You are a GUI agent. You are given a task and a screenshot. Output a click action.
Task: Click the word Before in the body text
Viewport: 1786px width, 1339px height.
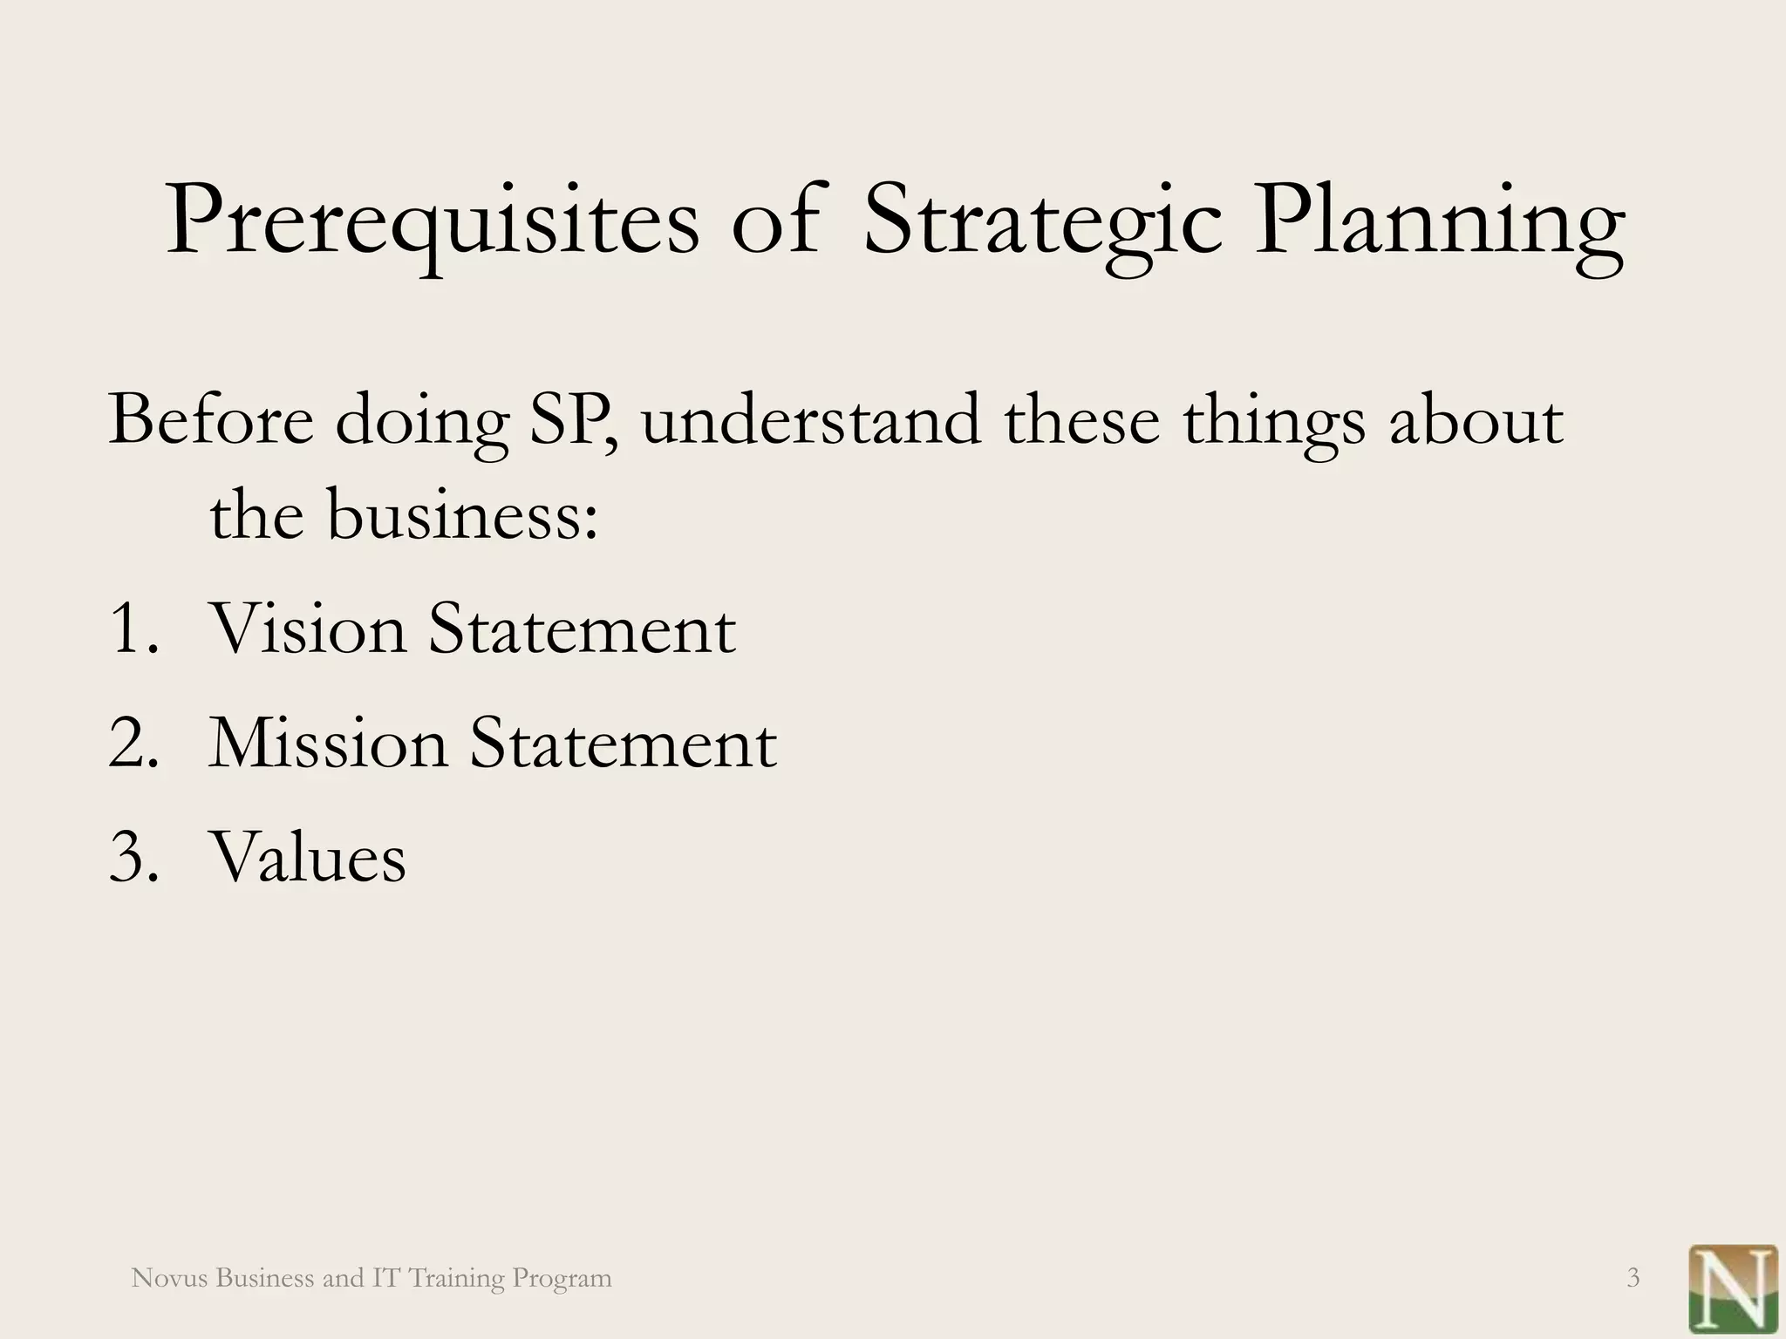(210, 420)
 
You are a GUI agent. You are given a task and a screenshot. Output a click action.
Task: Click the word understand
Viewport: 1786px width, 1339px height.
(810, 420)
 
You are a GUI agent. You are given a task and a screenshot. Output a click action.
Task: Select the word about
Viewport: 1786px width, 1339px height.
(1476, 420)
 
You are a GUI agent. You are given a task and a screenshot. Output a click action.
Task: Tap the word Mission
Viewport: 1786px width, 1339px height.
(327, 743)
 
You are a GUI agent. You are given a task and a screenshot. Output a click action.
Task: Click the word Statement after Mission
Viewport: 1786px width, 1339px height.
(623, 743)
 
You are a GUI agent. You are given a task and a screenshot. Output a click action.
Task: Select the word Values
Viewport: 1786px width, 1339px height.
(307, 857)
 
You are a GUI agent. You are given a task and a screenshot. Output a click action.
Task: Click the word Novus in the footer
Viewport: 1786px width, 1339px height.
(169, 1278)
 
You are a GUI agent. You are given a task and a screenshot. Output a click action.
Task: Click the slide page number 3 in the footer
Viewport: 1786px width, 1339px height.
(1633, 1278)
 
